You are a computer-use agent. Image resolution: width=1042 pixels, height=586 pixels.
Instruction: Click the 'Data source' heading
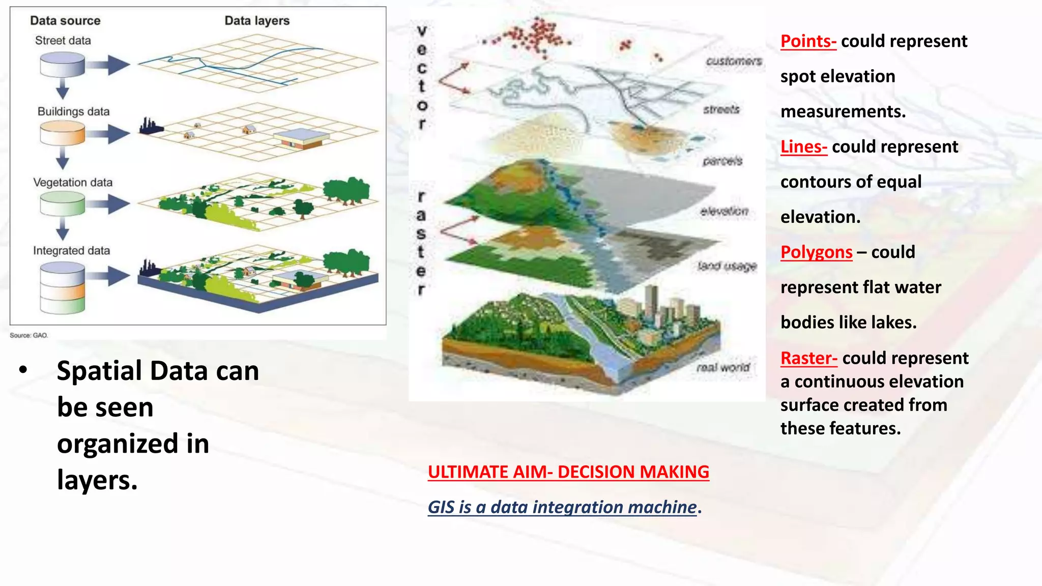pos(65,21)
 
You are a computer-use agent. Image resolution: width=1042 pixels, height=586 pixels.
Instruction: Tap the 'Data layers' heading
pos(257,21)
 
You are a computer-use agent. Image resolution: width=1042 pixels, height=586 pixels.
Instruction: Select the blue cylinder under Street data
pos(62,65)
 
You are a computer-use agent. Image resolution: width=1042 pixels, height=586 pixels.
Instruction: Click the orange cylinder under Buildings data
pos(62,134)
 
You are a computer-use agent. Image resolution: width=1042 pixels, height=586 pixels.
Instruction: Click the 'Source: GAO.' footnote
pos(29,335)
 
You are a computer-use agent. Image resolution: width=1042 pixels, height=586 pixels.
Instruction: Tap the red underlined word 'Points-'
pos(808,41)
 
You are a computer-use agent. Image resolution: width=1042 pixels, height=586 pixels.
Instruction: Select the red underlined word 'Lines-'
pos(804,146)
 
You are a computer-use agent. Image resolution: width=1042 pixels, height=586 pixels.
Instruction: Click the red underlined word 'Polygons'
pos(816,252)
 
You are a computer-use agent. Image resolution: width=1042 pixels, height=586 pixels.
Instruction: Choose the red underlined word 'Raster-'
pos(808,358)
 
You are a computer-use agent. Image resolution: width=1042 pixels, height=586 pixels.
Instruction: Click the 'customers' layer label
pos(733,62)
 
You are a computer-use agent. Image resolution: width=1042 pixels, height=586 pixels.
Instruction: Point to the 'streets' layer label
pos(721,109)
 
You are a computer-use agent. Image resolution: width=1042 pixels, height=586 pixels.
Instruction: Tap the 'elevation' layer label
pos(724,211)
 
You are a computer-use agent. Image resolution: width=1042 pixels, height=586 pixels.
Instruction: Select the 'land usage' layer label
pos(727,266)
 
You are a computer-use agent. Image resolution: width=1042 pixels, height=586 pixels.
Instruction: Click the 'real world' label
pos(723,367)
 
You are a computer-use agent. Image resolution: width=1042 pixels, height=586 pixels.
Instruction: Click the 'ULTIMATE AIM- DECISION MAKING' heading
pos(568,472)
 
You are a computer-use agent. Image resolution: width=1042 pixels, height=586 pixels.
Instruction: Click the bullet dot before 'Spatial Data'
pos(23,370)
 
